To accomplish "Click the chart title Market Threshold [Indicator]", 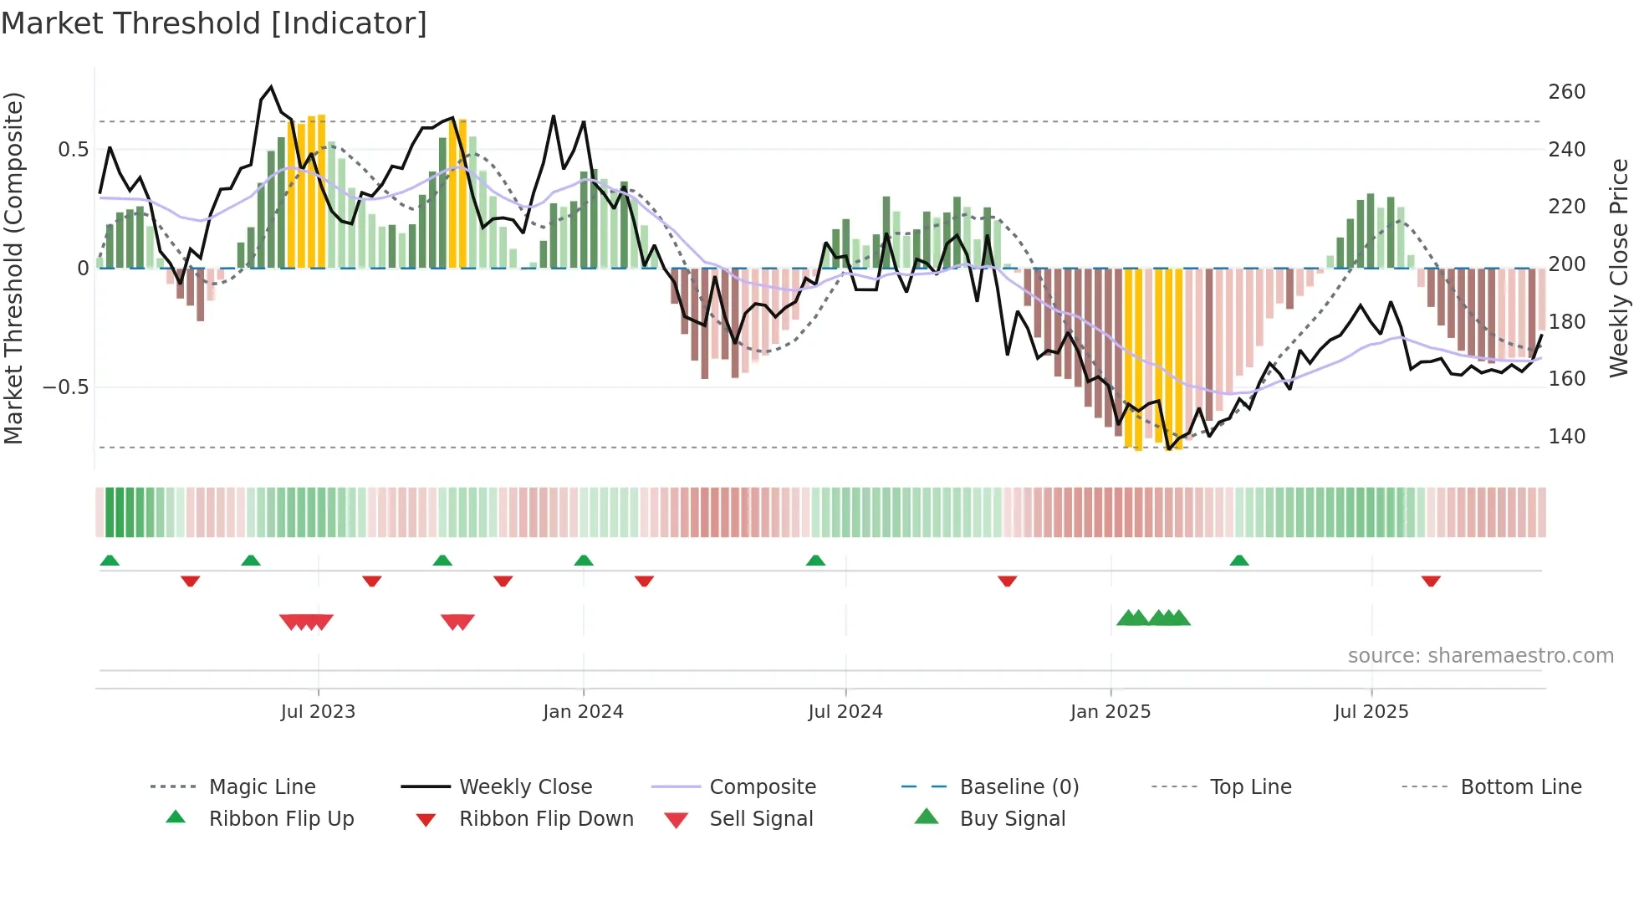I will pos(214,23).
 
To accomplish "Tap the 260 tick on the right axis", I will pos(1566,92).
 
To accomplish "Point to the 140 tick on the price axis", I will pos(1566,437).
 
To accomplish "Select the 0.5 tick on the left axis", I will pos(73,150).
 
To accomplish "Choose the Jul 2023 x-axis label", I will pos(318,712).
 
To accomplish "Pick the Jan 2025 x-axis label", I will pos(1110,712).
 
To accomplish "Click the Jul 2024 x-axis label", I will pos(845,712).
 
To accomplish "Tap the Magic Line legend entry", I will pos(262,787).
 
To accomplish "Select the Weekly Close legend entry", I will pos(525,787).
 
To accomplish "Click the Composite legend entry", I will pos(763,787).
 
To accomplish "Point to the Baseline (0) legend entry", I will pos(1019,787).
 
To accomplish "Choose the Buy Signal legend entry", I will pos(1012,819).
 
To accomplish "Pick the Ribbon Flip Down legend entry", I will pos(546,819).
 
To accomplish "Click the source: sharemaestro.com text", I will pos(1480,656).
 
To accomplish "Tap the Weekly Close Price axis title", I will pos(1619,268).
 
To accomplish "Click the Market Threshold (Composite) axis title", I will pos(13,268).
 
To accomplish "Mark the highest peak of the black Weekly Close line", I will pos(271,86).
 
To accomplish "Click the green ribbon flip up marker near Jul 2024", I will pos(815,561).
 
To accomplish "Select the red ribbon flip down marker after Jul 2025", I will pos(1431,581).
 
